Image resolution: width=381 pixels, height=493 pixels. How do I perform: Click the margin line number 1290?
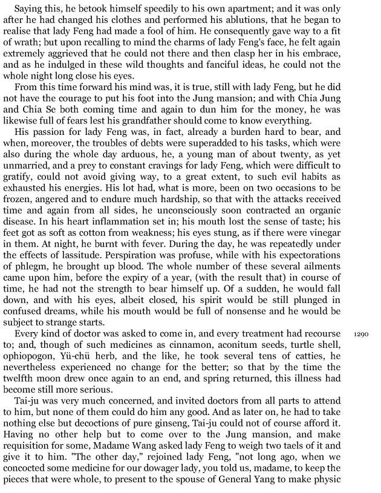pyautogui.click(x=360, y=333)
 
